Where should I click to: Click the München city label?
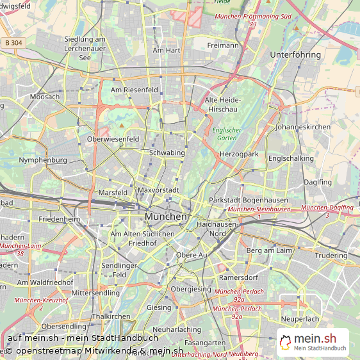(x=166, y=217)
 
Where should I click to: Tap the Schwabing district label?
(x=167, y=153)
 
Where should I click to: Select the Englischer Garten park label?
(x=227, y=134)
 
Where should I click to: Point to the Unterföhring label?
(x=296, y=55)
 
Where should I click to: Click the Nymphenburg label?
(x=43, y=160)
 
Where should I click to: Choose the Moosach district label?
(x=44, y=97)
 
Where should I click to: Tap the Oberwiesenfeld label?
(x=113, y=139)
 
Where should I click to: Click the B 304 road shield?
(x=12, y=42)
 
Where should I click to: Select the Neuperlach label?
(x=300, y=318)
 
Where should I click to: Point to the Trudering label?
(x=331, y=256)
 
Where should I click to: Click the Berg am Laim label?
(x=269, y=250)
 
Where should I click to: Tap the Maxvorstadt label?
(x=158, y=190)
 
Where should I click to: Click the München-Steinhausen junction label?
(x=259, y=209)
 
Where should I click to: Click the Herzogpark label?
(x=238, y=154)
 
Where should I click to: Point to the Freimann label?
(x=223, y=45)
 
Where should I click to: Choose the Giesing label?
(x=160, y=307)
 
